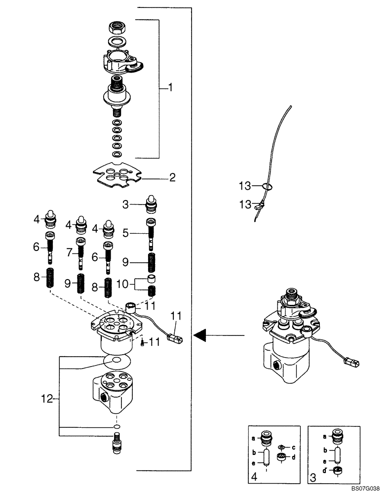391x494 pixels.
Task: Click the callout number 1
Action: (x=170, y=88)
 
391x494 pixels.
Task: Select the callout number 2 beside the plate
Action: (x=172, y=177)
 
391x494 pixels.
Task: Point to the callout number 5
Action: (x=125, y=233)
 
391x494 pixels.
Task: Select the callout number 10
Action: (x=123, y=284)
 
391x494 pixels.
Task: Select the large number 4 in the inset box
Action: (x=254, y=477)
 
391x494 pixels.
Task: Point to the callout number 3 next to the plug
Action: (x=125, y=204)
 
